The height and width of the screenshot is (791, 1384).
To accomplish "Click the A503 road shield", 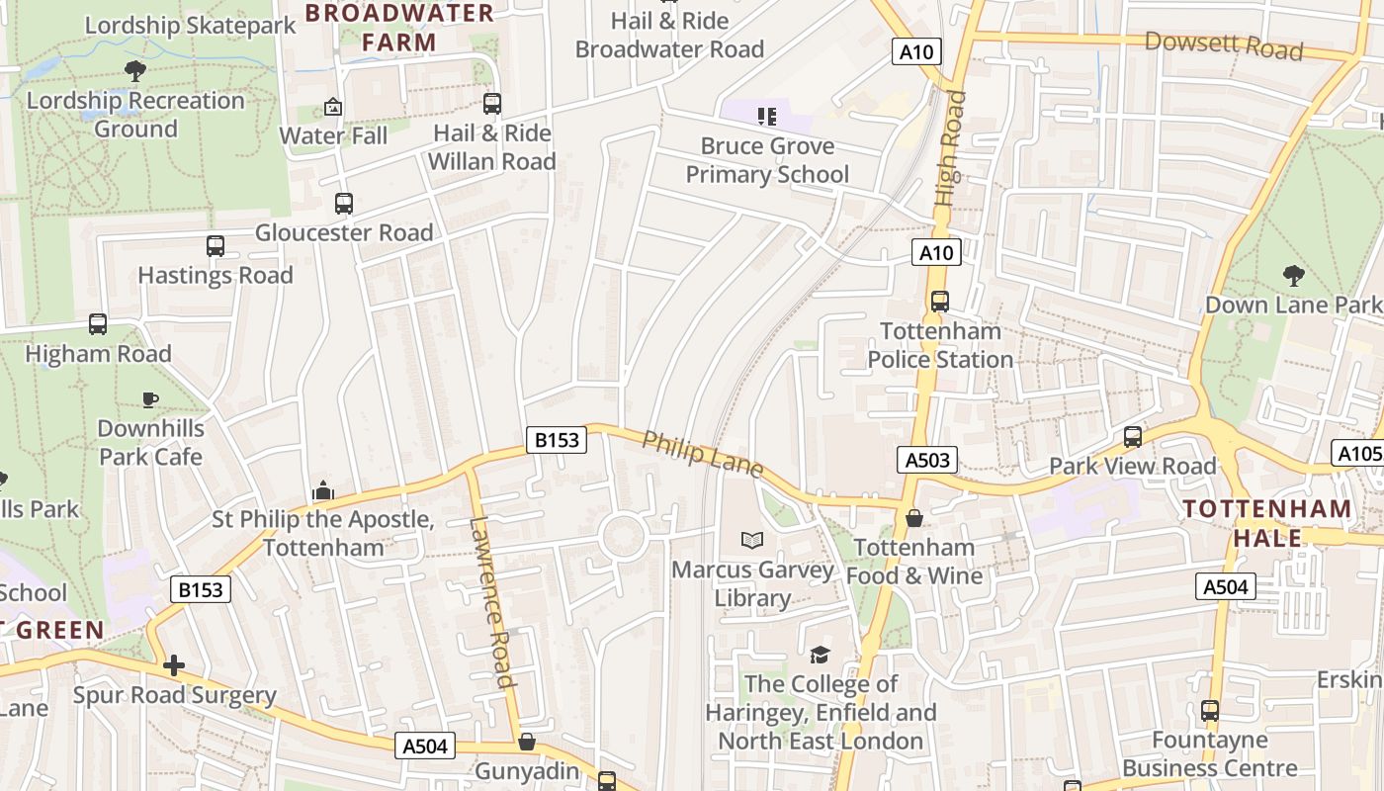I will tap(927, 460).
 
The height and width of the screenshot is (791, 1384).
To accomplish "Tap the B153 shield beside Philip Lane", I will tap(557, 440).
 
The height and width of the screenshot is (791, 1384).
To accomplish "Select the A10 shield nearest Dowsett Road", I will tap(916, 52).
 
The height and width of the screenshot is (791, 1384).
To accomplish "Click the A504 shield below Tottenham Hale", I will tap(1226, 586).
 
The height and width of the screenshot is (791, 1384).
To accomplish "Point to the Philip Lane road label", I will tap(702, 455).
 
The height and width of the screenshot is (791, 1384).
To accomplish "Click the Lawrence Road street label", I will tap(492, 602).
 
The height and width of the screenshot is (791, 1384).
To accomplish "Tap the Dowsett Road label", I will tap(1224, 45).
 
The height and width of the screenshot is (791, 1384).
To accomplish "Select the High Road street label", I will tap(950, 148).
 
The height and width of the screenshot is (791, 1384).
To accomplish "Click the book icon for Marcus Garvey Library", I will tap(752, 540).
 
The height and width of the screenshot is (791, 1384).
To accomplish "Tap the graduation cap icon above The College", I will tap(820, 655).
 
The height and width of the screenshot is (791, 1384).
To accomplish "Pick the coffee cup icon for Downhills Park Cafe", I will tap(149, 399).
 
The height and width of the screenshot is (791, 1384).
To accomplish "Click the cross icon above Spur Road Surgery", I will tap(174, 665).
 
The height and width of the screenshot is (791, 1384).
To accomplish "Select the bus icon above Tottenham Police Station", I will tap(939, 302).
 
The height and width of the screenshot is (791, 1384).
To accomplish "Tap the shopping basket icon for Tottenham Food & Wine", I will tap(914, 518).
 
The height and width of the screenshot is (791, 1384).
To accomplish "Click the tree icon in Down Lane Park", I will tap(1293, 275).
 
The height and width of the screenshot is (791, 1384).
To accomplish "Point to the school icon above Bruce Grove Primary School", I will tap(767, 117).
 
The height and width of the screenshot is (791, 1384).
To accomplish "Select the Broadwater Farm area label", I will tap(399, 28).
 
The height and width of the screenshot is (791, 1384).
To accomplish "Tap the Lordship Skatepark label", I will tap(191, 25).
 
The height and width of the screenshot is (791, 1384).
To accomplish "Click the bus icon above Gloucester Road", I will tap(343, 204).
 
